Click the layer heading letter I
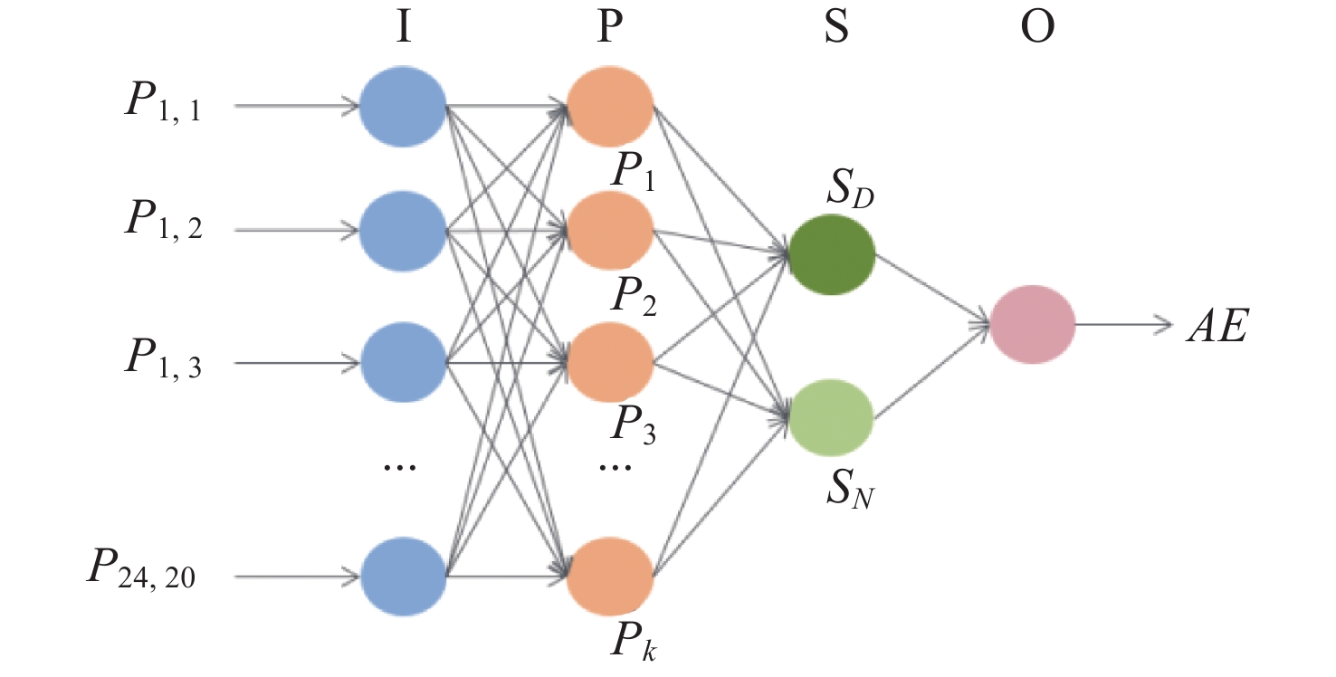pos(403,29)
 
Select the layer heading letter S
pos(835,29)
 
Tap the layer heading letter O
pos(1035,29)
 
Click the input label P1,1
pos(163,105)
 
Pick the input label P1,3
pos(163,359)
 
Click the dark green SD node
pos(831,254)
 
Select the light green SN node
pos(831,417)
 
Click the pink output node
pos(1033,323)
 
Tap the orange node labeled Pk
pos(610,576)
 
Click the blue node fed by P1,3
pos(403,363)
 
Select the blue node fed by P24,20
pos(403,576)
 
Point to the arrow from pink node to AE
pos(1123,323)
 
